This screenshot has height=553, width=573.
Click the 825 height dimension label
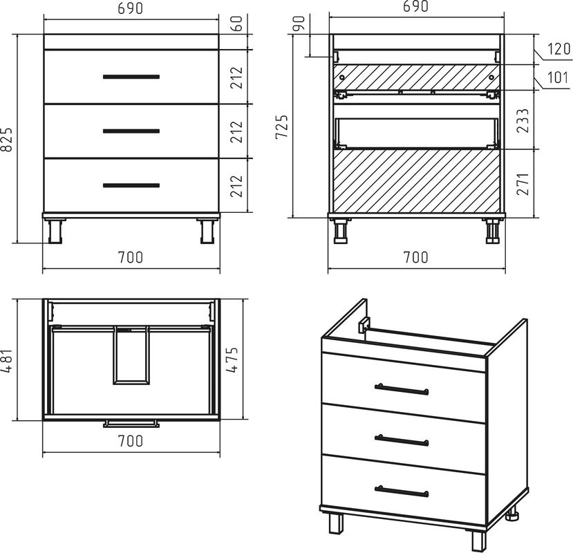(8, 139)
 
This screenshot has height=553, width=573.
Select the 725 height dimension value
(281, 126)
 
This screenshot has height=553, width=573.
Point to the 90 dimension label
(299, 24)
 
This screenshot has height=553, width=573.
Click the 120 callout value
(558, 48)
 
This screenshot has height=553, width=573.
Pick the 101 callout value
(558, 77)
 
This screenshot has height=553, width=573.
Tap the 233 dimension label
(523, 120)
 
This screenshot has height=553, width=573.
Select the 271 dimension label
(523, 184)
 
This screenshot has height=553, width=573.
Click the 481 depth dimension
(8, 360)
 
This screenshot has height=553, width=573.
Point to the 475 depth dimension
(232, 359)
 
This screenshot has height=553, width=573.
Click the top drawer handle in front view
(131, 77)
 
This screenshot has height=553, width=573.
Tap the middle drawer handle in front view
(131, 131)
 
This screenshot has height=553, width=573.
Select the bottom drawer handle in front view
(131, 185)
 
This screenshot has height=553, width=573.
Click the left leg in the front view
(55, 231)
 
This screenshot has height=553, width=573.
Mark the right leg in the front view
(207, 231)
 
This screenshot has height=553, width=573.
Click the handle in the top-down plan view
(131, 424)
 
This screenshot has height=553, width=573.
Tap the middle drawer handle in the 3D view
(402, 440)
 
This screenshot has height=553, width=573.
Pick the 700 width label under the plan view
(131, 441)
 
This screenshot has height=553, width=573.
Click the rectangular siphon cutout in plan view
(131, 355)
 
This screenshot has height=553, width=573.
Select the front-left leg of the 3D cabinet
(336, 523)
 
